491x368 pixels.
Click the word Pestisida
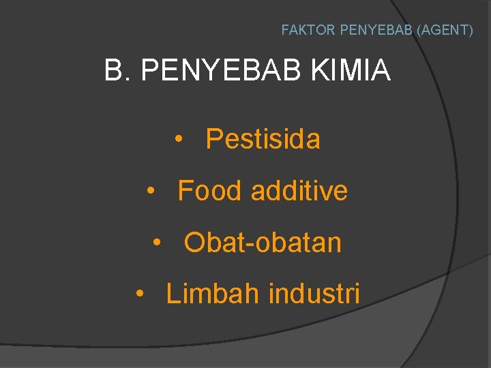[x=263, y=139]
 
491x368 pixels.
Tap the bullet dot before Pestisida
[x=178, y=140]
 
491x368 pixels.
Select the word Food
[x=209, y=191]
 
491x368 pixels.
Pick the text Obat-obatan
[x=263, y=243]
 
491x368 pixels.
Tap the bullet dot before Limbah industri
[x=139, y=294]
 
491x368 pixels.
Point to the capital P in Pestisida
[x=213, y=139]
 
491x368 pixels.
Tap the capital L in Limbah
[x=173, y=294]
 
